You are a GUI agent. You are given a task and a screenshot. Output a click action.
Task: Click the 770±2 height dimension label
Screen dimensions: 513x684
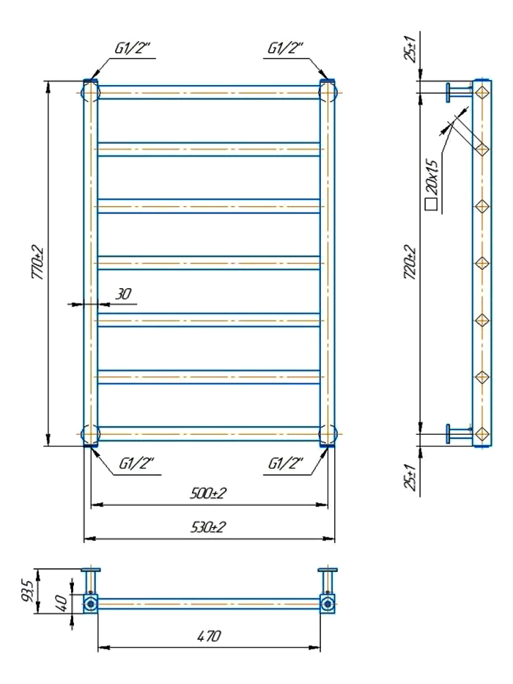37,262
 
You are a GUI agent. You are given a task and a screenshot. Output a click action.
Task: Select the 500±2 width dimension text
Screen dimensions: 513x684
208,493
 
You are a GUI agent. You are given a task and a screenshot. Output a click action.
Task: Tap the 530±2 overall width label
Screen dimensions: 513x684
208,527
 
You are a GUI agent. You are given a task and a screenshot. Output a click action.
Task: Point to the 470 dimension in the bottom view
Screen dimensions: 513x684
209,636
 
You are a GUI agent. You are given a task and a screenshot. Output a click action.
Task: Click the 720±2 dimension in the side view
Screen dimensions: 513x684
410,262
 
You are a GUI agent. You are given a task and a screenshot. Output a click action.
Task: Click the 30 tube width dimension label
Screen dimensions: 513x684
123,294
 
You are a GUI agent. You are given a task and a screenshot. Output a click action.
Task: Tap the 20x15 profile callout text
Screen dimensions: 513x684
432,177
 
